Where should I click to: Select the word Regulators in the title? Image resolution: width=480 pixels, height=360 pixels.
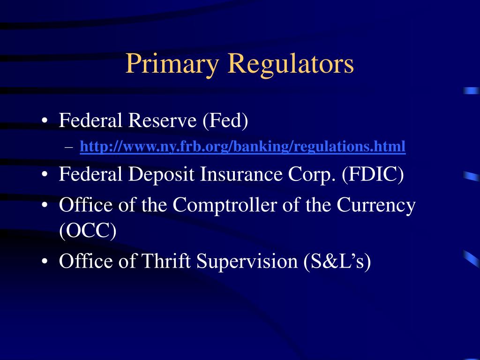point(291,64)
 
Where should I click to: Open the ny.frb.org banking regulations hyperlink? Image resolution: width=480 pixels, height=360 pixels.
point(242,147)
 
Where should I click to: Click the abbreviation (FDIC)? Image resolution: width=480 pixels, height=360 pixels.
point(373,175)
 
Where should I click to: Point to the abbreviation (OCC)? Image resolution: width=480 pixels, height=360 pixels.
point(88,231)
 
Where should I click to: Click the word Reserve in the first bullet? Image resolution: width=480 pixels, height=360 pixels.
point(163,121)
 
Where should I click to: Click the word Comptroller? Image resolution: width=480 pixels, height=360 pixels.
point(227,206)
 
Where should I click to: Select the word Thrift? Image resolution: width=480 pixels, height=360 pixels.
point(167,261)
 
